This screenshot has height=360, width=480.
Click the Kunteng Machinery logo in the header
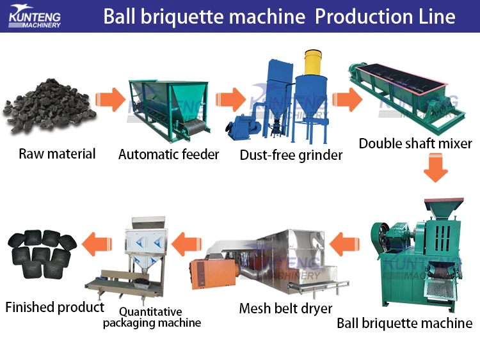pyautogui.click(x=35, y=16)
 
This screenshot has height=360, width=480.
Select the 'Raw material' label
pyautogui.click(x=57, y=154)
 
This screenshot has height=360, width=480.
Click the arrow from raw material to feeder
pyautogui.click(x=109, y=100)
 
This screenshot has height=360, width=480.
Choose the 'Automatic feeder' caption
pyautogui.click(x=169, y=154)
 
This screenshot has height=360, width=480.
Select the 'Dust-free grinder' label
pyautogui.click(x=291, y=155)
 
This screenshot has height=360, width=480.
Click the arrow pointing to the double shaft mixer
pyautogui.click(x=346, y=100)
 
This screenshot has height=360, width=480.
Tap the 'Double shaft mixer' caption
pyautogui.click(x=415, y=143)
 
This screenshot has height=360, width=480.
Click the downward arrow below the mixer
pyautogui.click(x=436, y=169)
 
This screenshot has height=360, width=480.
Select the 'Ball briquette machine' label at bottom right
pyautogui.click(x=404, y=323)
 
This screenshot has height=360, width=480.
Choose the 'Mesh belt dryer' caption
pyautogui.click(x=285, y=309)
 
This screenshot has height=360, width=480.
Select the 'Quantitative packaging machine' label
pyautogui.click(x=152, y=317)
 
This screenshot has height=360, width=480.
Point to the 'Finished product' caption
pyautogui.click(x=54, y=308)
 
